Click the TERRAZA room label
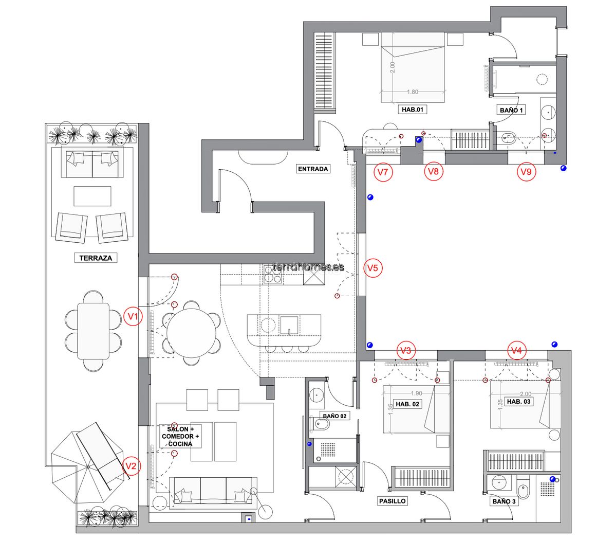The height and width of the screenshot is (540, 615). click(x=96, y=258)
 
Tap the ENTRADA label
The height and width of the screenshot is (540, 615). click(x=313, y=169)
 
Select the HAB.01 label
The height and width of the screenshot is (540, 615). click(x=413, y=110)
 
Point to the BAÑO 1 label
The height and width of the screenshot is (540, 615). click(x=511, y=110)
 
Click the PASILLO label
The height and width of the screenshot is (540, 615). click(x=392, y=501)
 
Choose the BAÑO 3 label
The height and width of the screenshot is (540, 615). click(x=504, y=501)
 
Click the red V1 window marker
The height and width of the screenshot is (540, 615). click(x=133, y=316)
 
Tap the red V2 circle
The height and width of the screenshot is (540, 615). click(x=131, y=466)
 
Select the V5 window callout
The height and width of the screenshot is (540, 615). click(x=372, y=268)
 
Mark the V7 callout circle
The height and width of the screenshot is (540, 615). click(x=383, y=172)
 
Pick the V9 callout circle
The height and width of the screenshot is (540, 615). click(x=526, y=172)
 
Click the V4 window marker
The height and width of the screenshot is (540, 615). click(x=517, y=350)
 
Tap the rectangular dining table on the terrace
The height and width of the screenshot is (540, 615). click(x=94, y=331)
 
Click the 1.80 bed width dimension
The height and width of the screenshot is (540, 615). click(x=412, y=92)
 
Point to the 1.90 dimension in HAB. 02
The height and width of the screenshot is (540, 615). click(x=417, y=393)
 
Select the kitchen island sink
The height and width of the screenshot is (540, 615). click(x=289, y=326)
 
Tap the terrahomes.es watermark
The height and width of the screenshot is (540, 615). click(x=308, y=267)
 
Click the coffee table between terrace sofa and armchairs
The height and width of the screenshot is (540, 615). click(x=92, y=196)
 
